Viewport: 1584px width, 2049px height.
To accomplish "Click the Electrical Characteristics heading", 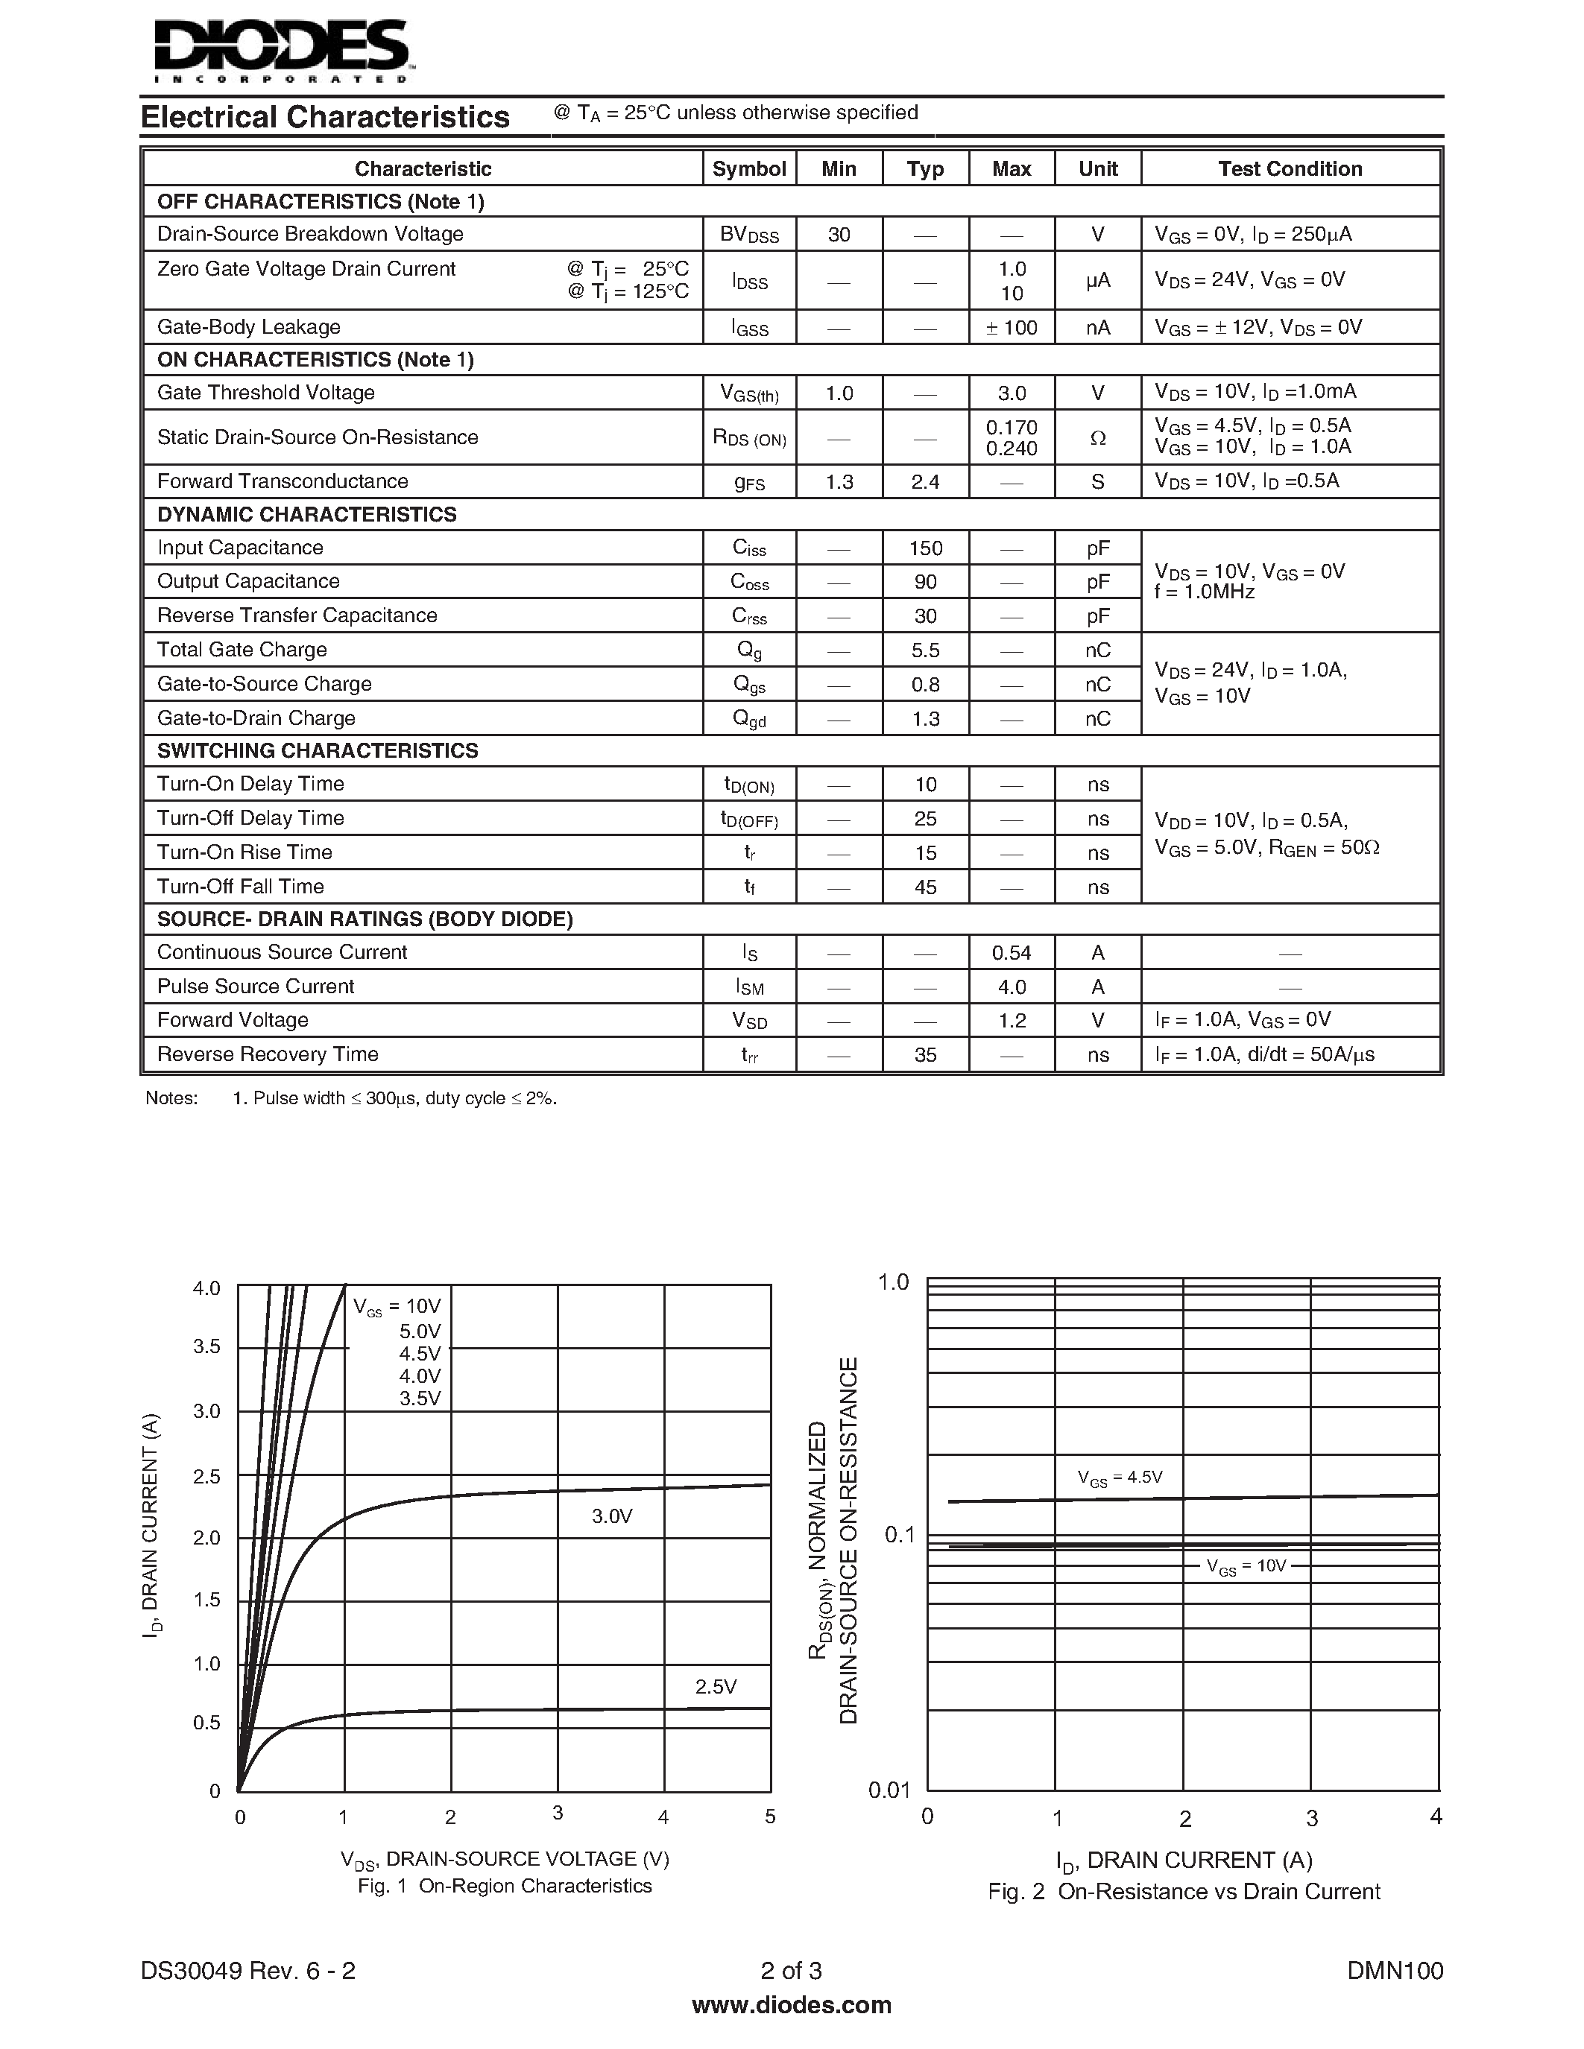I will pos(325,117).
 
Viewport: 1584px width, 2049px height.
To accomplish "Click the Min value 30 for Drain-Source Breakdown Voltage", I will pos(838,235).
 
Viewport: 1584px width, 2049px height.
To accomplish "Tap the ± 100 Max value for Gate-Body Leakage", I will pos(1011,327).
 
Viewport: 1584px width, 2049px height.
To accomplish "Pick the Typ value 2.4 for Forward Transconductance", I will pos(924,482).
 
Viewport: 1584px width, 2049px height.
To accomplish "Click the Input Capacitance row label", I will pos(239,548).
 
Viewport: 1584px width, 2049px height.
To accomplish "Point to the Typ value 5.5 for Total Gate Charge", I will pos(924,650).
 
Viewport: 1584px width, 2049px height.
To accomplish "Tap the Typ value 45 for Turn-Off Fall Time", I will pos(924,887).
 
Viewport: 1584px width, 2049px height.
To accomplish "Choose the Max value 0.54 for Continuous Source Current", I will pos(1011,953).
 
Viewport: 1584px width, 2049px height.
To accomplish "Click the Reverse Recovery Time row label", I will pos(268,1054).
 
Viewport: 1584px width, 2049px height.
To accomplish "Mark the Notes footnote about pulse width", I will pos(394,1098).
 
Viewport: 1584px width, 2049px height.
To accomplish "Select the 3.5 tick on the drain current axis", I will pos(206,1347).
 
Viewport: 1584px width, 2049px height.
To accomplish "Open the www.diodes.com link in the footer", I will pos(791,2005).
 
